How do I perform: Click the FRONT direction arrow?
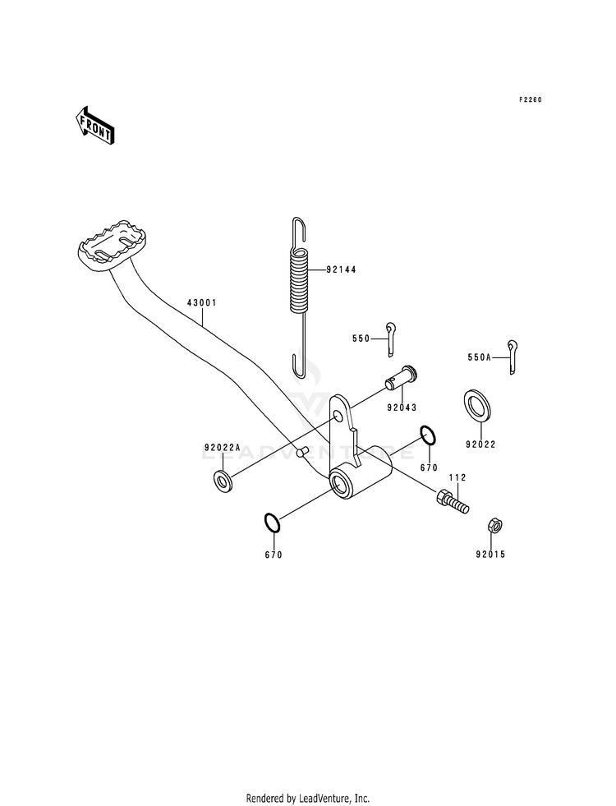(94, 125)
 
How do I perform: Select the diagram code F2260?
(530, 99)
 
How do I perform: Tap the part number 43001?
(202, 303)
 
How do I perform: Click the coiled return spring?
(300, 296)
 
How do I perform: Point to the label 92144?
(341, 269)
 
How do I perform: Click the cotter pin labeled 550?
(391, 339)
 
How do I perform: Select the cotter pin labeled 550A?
(513, 357)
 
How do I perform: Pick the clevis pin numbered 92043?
(401, 377)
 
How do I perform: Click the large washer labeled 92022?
(476, 406)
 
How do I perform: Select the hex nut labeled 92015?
(494, 525)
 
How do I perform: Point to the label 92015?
(490, 554)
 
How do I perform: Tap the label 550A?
(480, 357)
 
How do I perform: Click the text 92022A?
(222, 447)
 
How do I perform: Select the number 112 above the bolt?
(457, 477)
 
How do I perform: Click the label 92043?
(402, 408)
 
